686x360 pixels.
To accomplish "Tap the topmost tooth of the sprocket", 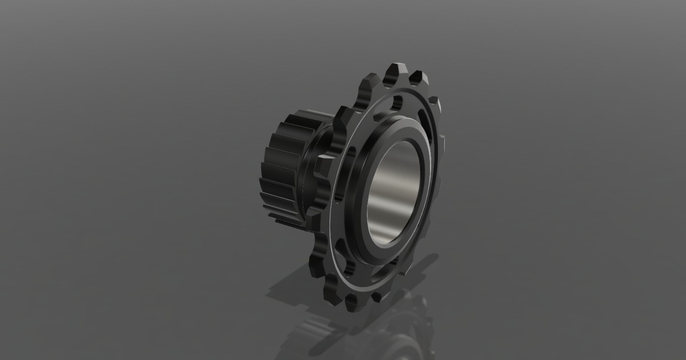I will coord(394,71).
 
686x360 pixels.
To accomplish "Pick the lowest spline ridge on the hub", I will coord(286,221).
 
